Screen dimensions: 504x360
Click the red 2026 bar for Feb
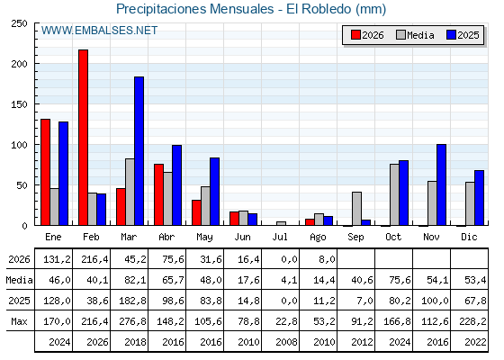tap(83, 138)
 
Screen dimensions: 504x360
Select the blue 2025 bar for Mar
tap(139, 151)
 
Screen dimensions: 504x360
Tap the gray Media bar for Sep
tap(356, 209)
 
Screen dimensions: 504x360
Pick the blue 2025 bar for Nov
tap(441, 184)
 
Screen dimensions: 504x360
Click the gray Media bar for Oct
tap(395, 194)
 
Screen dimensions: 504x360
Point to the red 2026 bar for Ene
tap(45, 172)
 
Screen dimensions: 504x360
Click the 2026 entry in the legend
tap(367, 35)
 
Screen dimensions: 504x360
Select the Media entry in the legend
tap(415, 35)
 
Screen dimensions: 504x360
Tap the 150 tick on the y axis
tap(19, 104)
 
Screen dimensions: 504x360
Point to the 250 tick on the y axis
tap(19, 23)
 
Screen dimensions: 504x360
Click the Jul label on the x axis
tap(280, 238)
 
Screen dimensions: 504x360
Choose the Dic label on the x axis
tap(469, 238)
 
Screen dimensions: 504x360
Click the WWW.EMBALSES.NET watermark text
tap(99, 31)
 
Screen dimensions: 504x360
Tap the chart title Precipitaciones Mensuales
tap(194, 9)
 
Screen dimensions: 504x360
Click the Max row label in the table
tap(19, 321)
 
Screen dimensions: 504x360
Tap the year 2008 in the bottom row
tap(286, 342)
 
